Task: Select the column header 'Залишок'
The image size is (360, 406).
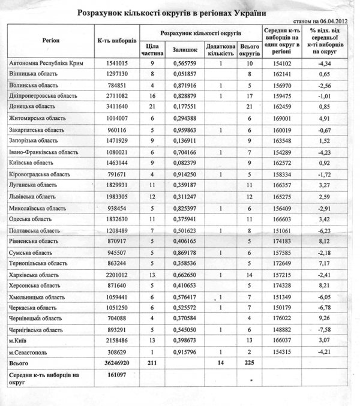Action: (x=182, y=49)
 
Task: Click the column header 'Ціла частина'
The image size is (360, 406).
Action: (x=152, y=49)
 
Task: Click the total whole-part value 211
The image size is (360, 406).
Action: (x=152, y=363)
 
